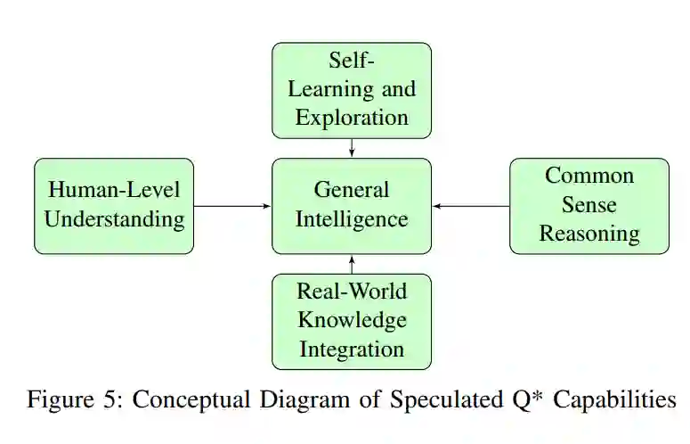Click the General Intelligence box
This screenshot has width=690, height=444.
tap(352, 206)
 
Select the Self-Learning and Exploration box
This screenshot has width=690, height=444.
tap(352, 90)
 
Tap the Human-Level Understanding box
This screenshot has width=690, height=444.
tap(114, 206)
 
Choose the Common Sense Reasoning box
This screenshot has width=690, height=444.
tap(589, 206)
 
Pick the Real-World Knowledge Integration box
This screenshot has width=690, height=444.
tap(352, 321)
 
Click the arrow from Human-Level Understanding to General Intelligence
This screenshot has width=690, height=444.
tap(232, 206)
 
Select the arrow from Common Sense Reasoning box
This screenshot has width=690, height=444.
tap(471, 206)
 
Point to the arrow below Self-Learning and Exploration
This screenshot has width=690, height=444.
tap(352, 148)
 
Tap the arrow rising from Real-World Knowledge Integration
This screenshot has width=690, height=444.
tap(352, 264)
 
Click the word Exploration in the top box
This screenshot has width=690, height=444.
tap(352, 117)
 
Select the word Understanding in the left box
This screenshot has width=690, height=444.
tap(114, 219)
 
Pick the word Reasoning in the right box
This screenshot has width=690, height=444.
tap(589, 234)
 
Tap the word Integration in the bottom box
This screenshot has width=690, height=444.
tap(352, 349)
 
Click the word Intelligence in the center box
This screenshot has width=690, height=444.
tap(352, 219)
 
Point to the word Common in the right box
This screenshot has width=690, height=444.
tap(589, 175)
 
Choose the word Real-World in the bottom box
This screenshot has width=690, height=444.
tap(352, 291)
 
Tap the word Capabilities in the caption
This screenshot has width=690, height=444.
tap(614, 400)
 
